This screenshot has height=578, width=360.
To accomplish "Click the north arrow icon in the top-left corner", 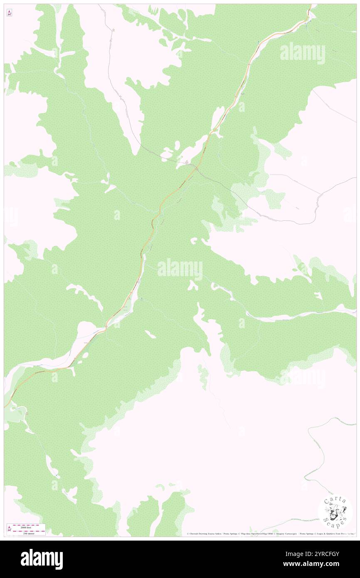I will tap(9, 13).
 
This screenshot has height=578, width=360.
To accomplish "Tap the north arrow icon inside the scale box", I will tap(9, 529).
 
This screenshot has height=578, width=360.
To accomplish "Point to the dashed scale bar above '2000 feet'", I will tap(29, 524).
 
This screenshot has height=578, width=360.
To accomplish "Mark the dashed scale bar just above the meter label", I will tap(29, 531).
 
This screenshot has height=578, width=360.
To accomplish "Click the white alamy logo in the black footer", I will tap(42, 559).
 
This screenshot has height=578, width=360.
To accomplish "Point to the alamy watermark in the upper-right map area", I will tap(302, 53).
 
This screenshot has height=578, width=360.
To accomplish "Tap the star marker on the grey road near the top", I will tap(113, 30).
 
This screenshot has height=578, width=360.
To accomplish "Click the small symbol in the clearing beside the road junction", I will tap(187, 161).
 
